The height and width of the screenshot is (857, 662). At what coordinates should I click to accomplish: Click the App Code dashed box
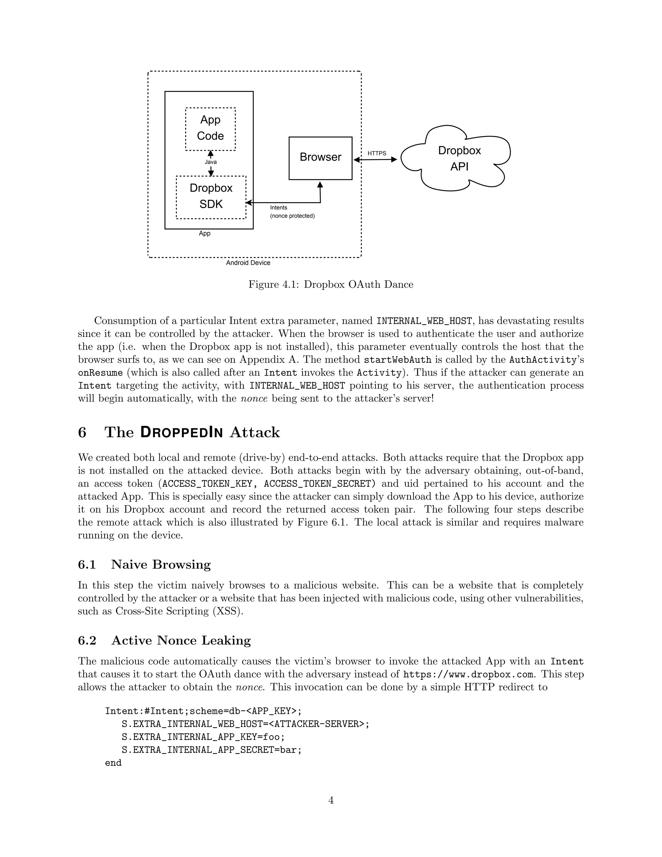click(x=210, y=128)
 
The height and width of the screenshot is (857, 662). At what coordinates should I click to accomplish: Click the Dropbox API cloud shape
click(x=459, y=158)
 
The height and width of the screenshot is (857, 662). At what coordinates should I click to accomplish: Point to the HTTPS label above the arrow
click(x=377, y=153)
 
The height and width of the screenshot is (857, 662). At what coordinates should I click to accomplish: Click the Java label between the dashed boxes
click(x=211, y=162)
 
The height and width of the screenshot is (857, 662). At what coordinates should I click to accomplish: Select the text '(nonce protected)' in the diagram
click(x=292, y=216)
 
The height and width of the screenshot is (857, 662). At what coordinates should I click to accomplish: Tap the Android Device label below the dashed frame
click(x=248, y=263)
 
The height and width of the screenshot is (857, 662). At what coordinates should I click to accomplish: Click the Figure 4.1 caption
click(x=331, y=285)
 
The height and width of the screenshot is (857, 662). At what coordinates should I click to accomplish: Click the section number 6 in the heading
click(x=82, y=432)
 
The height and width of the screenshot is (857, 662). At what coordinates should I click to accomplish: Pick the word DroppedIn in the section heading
click(x=182, y=432)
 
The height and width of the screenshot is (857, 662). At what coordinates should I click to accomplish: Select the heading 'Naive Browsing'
click(x=161, y=565)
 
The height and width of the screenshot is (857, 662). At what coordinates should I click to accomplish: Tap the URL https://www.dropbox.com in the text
click(x=468, y=675)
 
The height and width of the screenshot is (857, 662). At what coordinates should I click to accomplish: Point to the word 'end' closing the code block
click(x=113, y=763)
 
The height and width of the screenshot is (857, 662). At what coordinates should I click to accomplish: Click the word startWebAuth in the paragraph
click(x=398, y=360)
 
